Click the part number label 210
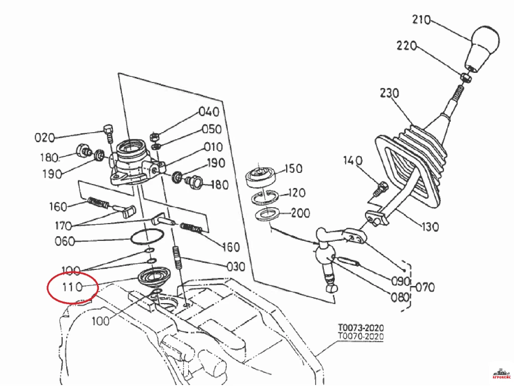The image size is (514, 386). (421, 20)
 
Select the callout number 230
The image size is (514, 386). (390, 93)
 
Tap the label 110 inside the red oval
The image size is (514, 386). (72, 287)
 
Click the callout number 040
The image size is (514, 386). (209, 112)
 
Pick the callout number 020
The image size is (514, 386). (45, 138)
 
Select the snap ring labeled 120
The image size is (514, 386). (265, 197)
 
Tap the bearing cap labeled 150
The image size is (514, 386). (261, 177)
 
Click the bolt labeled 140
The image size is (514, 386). (380, 189)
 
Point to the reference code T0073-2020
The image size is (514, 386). (361, 328)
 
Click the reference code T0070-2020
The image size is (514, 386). (361, 336)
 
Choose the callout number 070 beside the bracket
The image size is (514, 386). (425, 287)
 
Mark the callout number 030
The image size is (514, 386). (236, 267)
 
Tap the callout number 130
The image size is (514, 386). (430, 227)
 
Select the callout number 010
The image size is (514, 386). (213, 147)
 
